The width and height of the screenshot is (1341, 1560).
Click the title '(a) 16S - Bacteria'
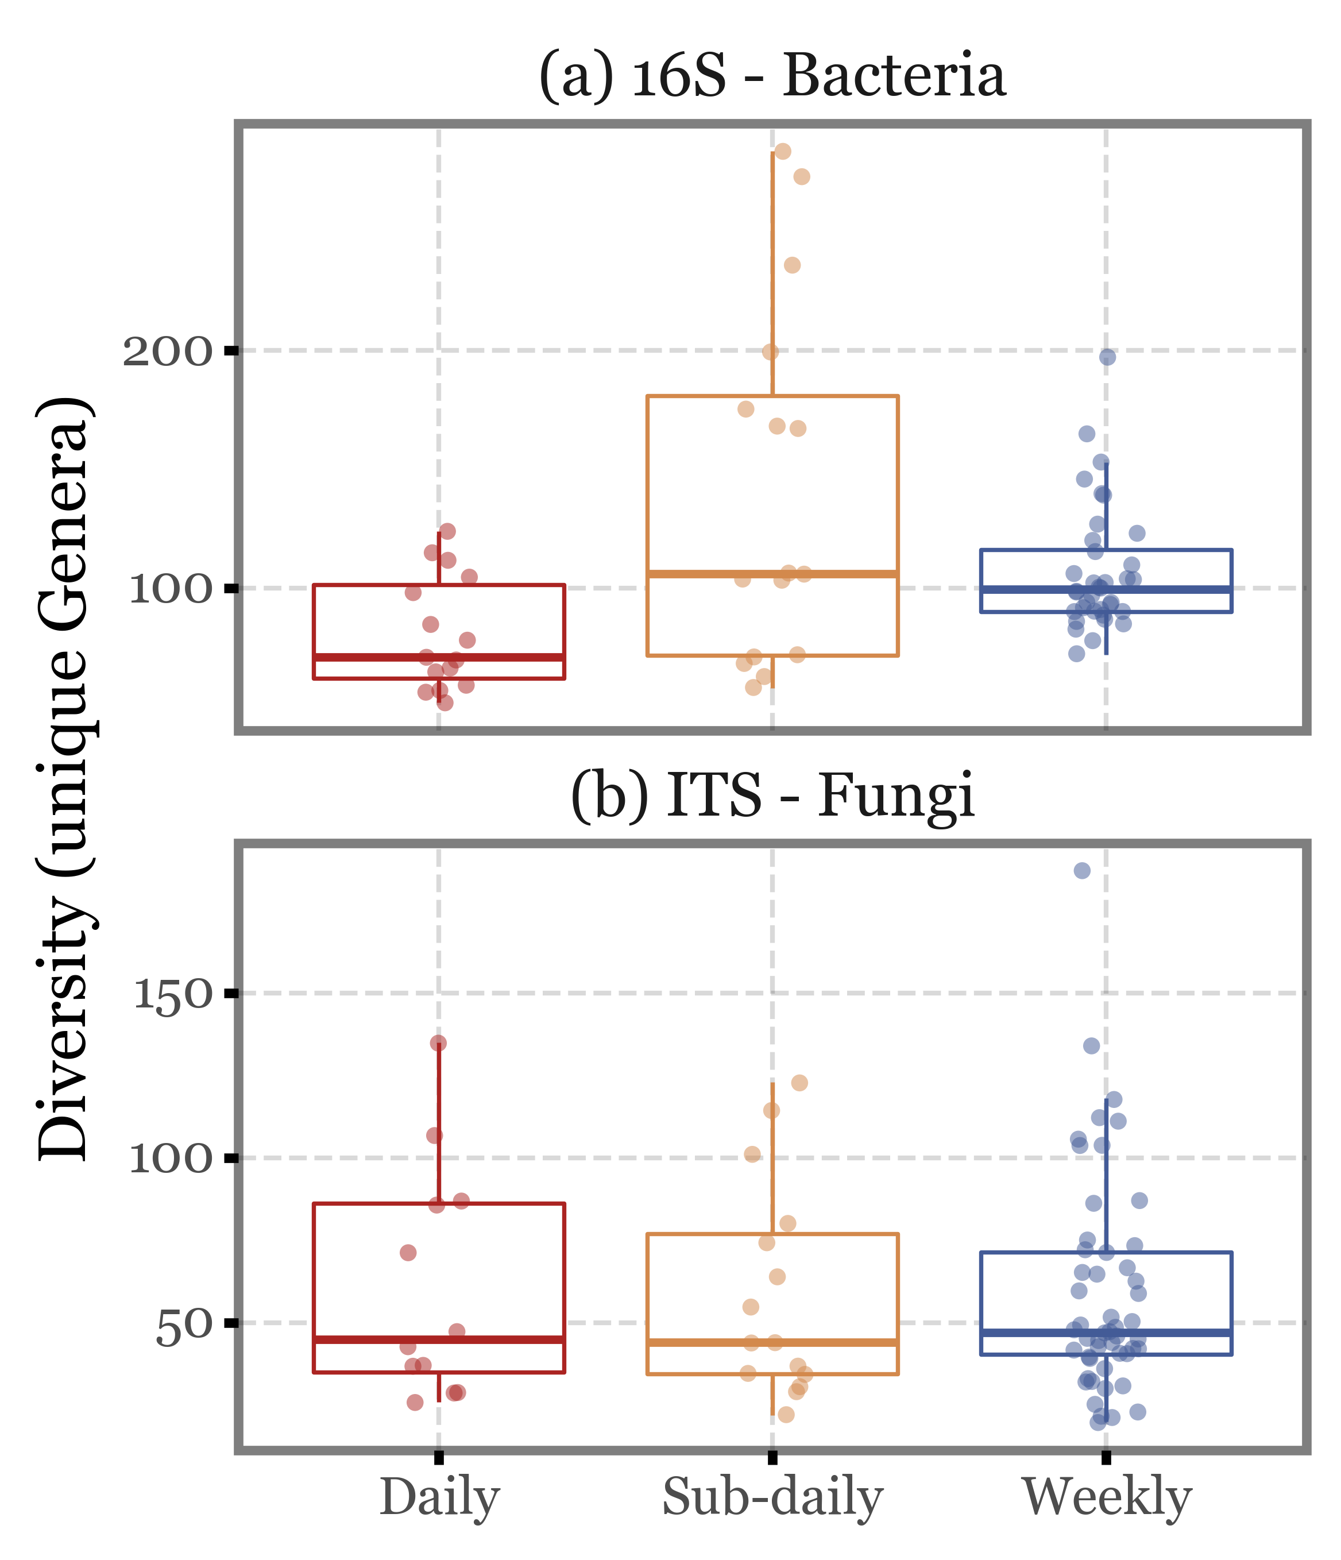point(772,77)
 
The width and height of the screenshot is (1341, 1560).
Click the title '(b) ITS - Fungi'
point(772,797)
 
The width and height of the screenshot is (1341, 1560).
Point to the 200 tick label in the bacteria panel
point(167,352)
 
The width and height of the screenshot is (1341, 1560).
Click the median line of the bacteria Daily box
point(439,657)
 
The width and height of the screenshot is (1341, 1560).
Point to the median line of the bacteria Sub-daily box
point(772,574)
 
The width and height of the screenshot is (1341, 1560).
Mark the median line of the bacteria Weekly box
point(1106,589)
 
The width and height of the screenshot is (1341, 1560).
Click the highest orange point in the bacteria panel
point(783,151)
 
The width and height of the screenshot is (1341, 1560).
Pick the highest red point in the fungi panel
point(438,1042)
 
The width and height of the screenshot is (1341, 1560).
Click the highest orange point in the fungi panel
point(799,1083)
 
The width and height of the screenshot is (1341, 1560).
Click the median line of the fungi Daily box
point(439,1339)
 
